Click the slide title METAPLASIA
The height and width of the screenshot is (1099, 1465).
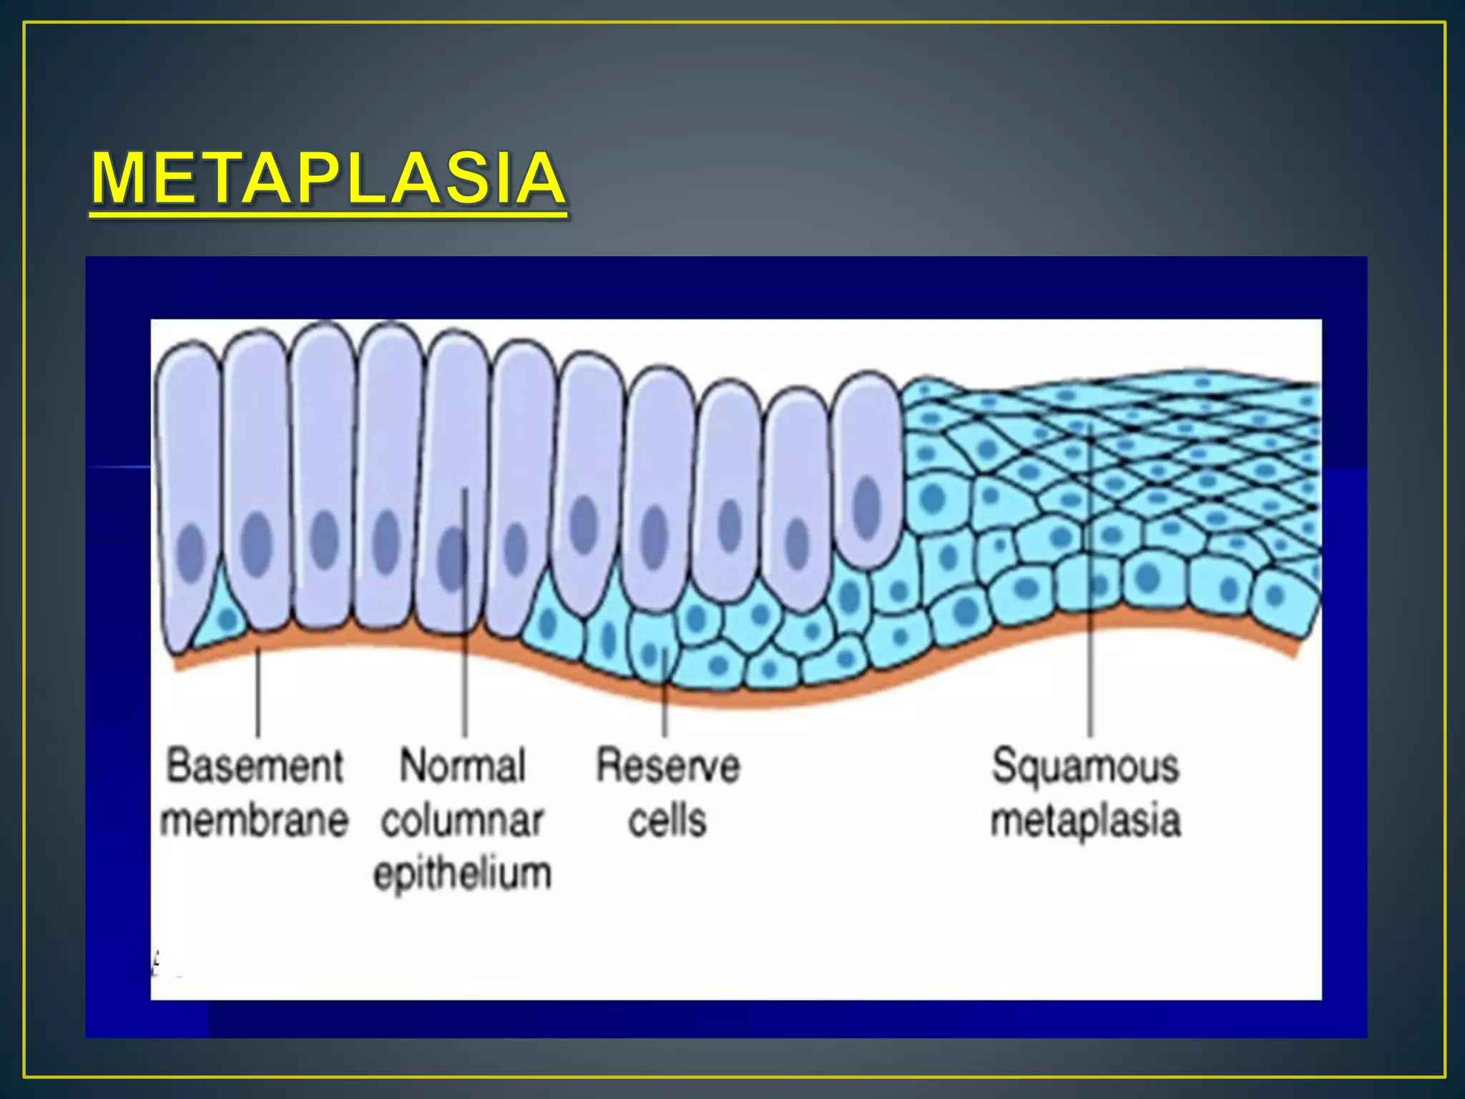tap(328, 178)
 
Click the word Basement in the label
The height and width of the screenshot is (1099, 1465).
tap(255, 766)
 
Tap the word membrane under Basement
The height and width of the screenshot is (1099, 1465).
tap(255, 820)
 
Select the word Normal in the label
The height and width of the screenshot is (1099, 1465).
tap(463, 766)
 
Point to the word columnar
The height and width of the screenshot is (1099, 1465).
tap(463, 820)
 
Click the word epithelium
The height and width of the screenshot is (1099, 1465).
tap(463, 874)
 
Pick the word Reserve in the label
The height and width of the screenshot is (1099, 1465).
tap(668, 766)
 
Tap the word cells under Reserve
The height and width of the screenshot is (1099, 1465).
tap(668, 820)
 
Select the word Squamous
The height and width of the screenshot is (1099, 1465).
tap(1085, 766)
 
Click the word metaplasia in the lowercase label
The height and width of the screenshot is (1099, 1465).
tap(1085, 820)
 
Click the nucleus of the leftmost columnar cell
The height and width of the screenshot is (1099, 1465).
tap(191, 552)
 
